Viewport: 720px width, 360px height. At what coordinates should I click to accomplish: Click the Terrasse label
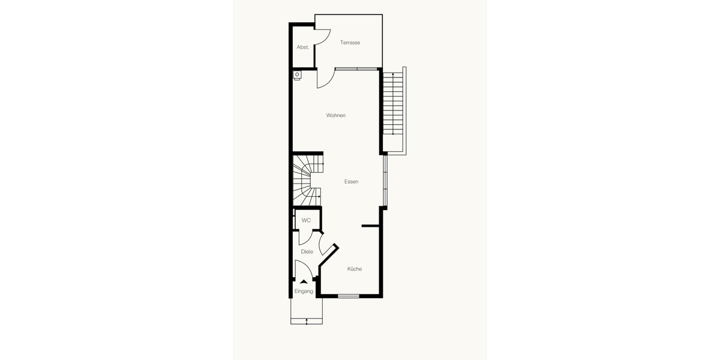point(350,43)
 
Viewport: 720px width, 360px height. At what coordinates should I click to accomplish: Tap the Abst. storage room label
point(303,47)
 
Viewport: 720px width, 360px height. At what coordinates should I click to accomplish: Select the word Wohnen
point(336,115)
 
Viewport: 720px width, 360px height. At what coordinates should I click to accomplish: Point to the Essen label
point(351,181)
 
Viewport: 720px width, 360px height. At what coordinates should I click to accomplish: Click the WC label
point(306,220)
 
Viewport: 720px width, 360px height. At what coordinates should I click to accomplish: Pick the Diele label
point(307,251)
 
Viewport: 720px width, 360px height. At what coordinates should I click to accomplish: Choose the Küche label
point(355,269)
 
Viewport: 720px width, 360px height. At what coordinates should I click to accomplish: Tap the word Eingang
point(304,291)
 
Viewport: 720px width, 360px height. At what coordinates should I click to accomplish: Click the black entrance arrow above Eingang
point(304,281)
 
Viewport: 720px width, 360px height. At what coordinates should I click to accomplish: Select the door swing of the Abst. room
point(323,37)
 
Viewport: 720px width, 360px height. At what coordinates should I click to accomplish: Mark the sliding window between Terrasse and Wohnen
point(356,69)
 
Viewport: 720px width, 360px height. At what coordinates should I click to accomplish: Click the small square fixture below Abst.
point(297,75)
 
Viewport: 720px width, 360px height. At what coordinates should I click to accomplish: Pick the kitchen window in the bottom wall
point(349,296)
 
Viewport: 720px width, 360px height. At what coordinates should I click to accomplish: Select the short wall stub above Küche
point(371,226)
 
